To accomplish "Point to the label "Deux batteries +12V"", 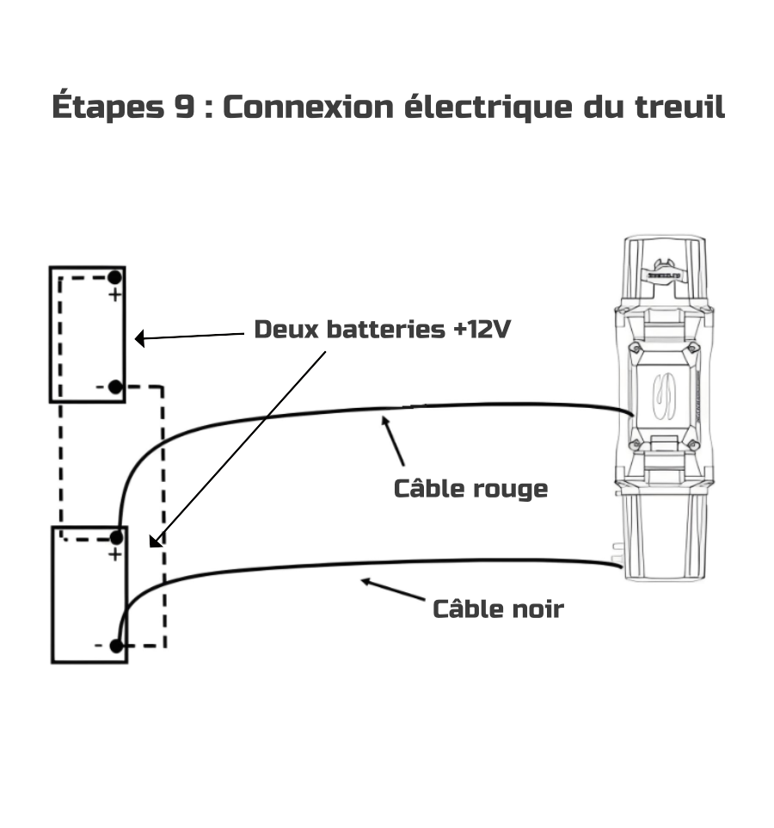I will pos(382,330).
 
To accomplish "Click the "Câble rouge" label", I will pos(470,489).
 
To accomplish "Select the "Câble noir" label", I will pos(498,609).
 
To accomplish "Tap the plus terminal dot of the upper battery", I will pos(114,278).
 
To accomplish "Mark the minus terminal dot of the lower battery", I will pos(116,646).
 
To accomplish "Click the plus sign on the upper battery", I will pos(114,296).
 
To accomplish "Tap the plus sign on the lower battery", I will pos(114,555).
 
